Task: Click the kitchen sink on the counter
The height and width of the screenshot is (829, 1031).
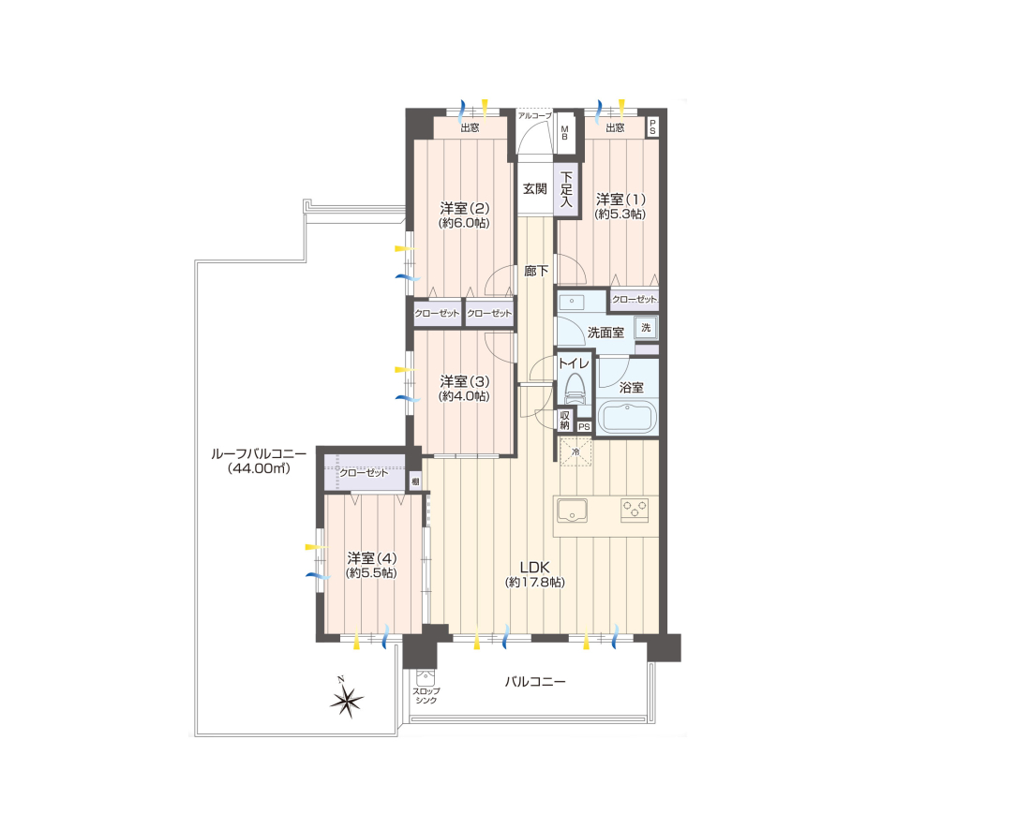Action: click(x=572, y=511)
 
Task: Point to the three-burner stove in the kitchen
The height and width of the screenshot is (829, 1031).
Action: click(x=635, y=510)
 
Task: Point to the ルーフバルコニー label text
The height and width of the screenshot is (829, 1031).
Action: click(x=259, y=454)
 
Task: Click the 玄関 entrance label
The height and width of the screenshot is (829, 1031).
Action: click(x=535, y=189)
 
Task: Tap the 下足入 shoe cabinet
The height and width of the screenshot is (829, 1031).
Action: click(x=567, y=190)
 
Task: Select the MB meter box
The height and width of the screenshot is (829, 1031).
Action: click(x=564, y=132)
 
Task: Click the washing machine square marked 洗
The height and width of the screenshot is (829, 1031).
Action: click(x=646, y=327)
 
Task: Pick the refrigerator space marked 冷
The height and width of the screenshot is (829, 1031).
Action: click(x=575, y=452)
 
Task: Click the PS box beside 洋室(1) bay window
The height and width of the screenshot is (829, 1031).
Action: click(x=652, y=126)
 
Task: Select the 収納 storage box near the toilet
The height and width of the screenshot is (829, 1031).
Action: click(x=565, y=420)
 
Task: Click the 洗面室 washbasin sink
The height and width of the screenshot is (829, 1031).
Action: click(x=572, y=303)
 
